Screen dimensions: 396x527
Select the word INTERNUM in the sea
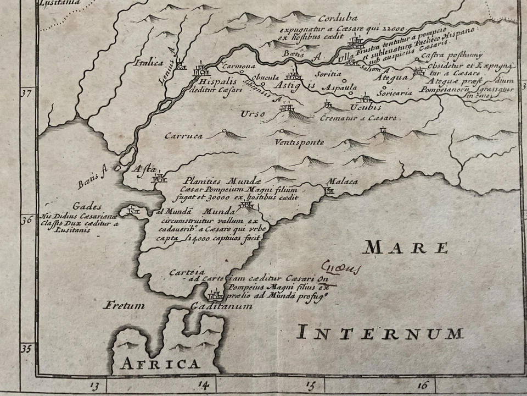point(380,333)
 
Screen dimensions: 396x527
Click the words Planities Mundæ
point(217,180)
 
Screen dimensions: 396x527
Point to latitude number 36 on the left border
point(26,221)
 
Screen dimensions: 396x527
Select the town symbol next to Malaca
point(329,190)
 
